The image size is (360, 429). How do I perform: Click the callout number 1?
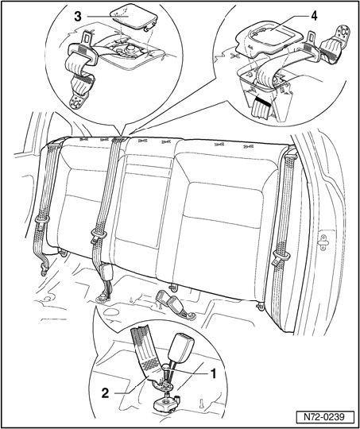coord(212,373)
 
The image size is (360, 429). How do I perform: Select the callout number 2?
coord(106,393)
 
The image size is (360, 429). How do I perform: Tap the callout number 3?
coord(78,17)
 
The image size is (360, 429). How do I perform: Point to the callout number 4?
coord(314,16)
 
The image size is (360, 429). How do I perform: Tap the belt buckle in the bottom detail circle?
coord(180,346)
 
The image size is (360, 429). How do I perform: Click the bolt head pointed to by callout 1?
coord(166,366)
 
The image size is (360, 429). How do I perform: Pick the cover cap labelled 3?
coord(134,16)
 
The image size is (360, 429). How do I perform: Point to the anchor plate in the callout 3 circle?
coord(77,102)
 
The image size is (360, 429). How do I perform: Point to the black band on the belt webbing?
coord(261,102)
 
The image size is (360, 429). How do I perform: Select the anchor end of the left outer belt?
coord(44,270)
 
